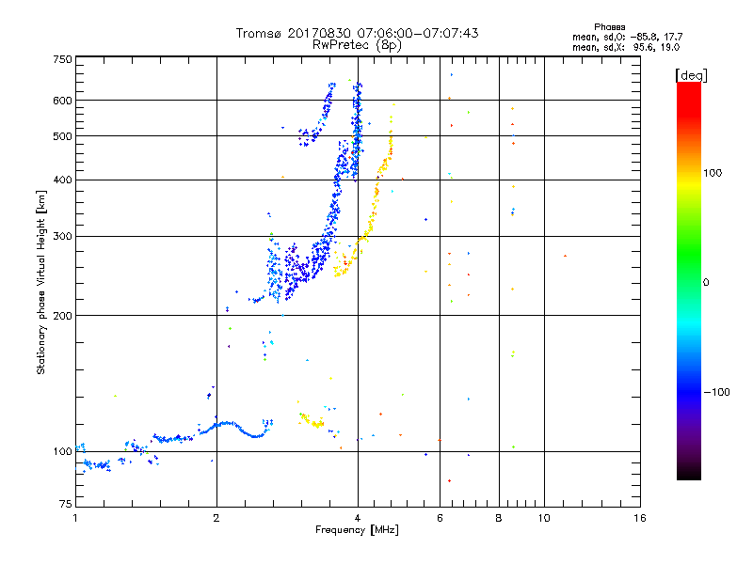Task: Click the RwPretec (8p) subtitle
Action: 357,45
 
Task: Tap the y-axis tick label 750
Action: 62,59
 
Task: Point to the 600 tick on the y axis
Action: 62,101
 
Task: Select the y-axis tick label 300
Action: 62,237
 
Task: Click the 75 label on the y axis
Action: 66,504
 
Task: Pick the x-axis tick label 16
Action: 640,518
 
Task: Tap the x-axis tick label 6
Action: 440,518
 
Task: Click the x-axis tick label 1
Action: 75,518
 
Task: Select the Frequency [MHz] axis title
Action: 357,530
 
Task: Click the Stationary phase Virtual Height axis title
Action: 41,283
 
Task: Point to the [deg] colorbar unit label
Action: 691,75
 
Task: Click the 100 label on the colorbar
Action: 713,173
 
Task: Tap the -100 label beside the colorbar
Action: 717,392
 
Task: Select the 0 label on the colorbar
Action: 706,283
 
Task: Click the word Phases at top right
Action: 609,27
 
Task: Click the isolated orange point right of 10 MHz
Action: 566,256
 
